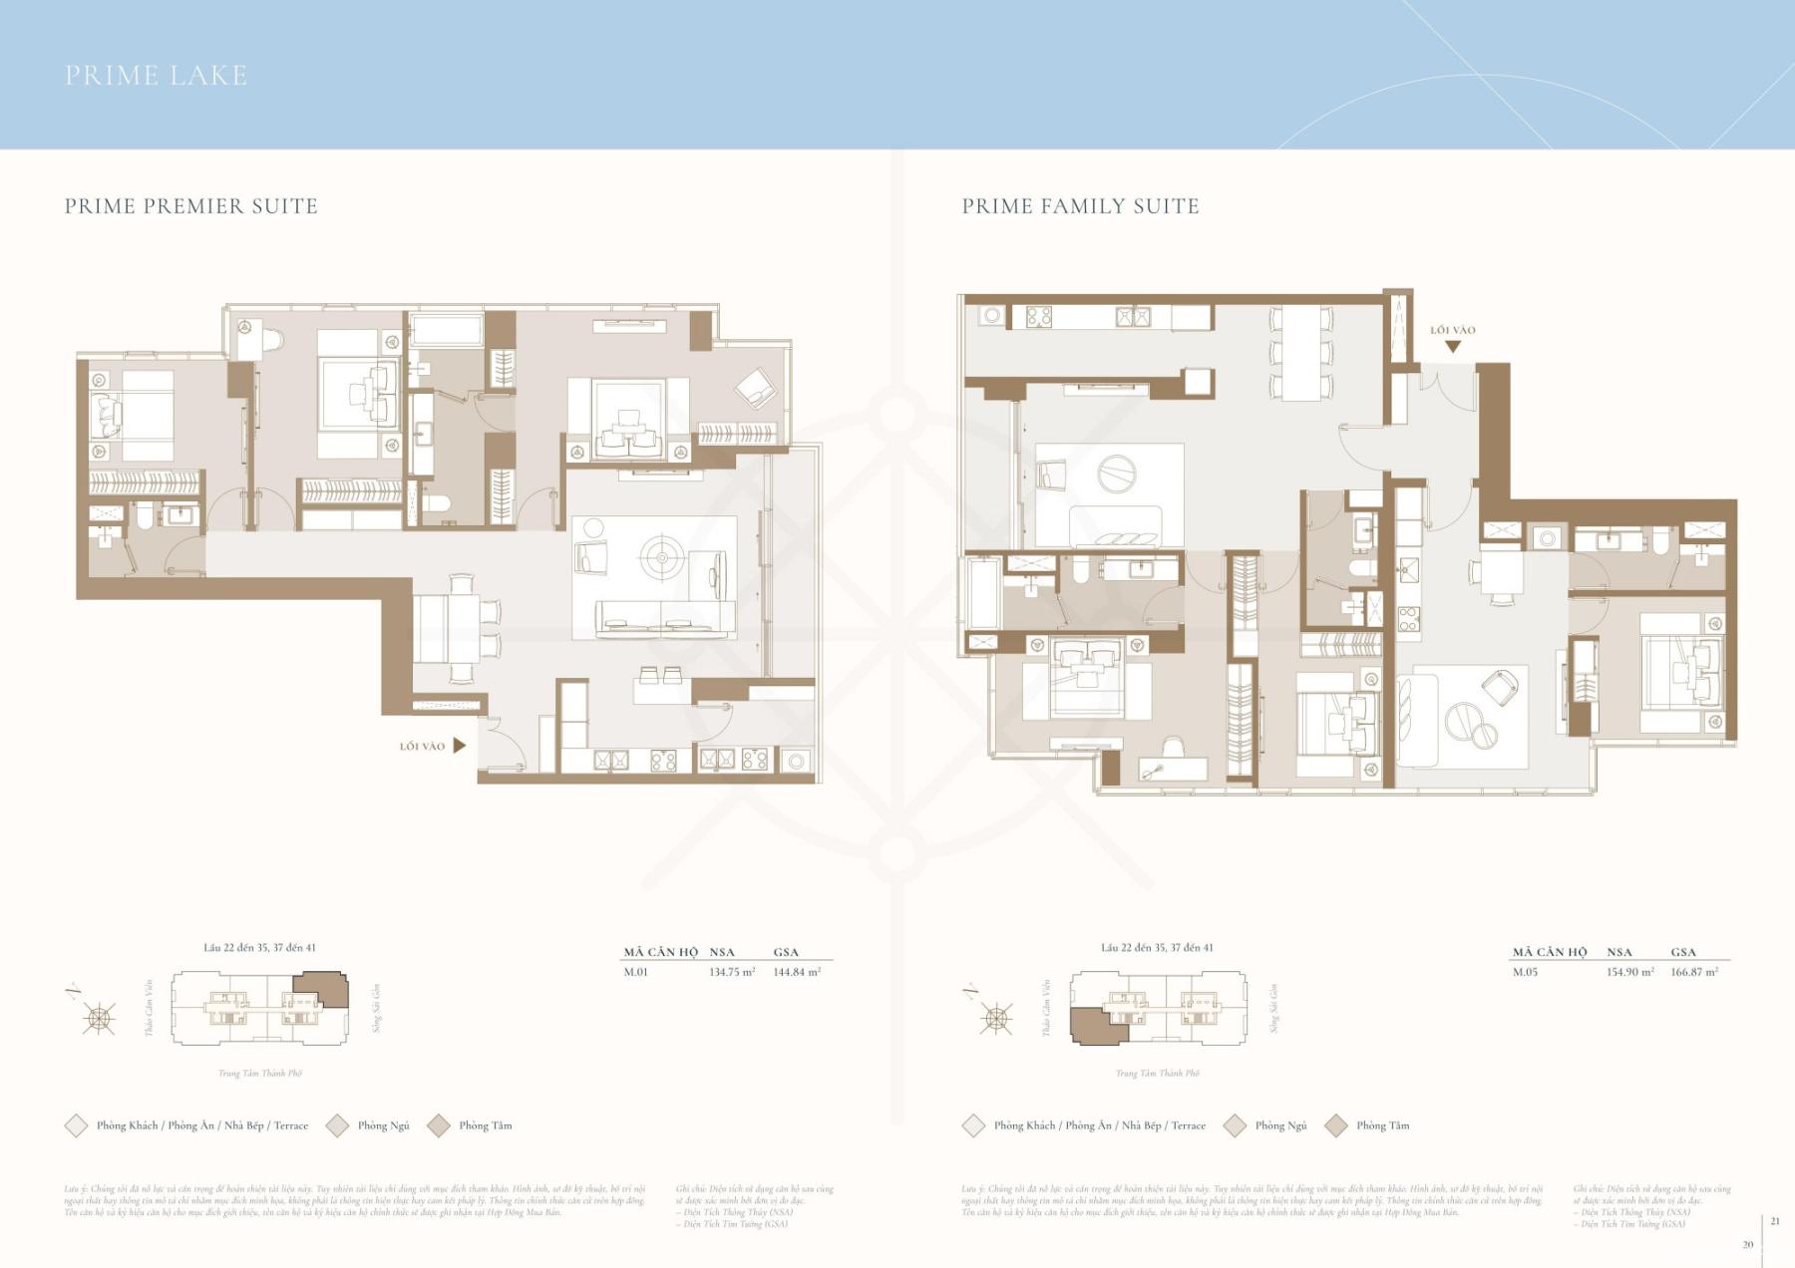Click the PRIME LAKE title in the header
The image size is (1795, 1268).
tap(156, 76)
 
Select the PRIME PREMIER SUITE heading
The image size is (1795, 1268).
tap(191, 206)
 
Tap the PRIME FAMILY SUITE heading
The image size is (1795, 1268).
tap(1080, 206)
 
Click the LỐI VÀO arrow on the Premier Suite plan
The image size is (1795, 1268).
tap(459, 746)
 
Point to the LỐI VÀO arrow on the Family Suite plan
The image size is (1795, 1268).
tap(1453, 346)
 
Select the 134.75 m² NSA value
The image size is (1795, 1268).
tap(731, 972)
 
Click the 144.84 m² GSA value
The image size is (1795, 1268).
tap(797, 972)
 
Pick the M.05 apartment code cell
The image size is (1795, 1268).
tap(1525, 972)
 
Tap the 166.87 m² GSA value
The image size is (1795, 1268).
tap(1694, 972)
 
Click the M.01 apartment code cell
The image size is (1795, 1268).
tap(635, 972)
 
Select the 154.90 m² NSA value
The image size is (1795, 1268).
tap(1629, 972)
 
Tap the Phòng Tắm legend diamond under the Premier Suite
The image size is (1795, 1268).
tap(439, 1125)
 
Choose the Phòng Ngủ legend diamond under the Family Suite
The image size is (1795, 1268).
tap(1235, 1125)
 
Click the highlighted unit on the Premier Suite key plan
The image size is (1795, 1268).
tap(321, 989)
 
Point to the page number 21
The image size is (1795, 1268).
tap(1775, 1221)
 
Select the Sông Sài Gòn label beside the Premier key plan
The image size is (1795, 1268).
tap(377, 1008)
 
